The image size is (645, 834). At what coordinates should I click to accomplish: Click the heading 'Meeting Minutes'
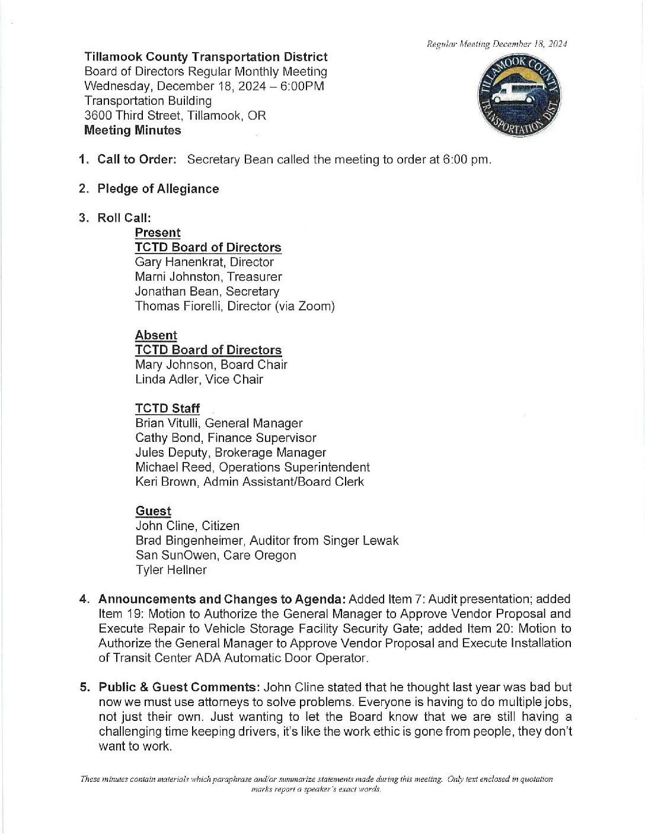[x=133, y=130]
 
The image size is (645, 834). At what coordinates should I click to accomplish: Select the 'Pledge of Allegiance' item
[x=158, y=189]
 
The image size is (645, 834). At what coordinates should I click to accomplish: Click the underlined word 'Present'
[x=158, y=233]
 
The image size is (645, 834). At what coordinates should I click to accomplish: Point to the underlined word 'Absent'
[x=156, y=335]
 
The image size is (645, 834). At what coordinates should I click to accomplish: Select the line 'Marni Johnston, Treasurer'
[x=208, y=277]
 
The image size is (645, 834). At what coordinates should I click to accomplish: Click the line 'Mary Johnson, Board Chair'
[x=211, y=365]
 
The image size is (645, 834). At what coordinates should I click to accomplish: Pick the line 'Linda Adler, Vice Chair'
[x=199, y=380]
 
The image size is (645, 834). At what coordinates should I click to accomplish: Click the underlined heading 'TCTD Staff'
[x=167, y=409]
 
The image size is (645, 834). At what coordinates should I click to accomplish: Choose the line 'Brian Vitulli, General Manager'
[x=219, y=424]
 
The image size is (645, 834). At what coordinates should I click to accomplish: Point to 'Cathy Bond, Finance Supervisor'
[x=225, y=438]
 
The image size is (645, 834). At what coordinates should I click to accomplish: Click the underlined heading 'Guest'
[x=153, y=511]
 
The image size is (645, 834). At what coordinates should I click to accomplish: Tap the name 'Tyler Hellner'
[x=171, y=570]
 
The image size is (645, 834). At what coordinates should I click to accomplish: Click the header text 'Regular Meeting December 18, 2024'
[x=497, y=44]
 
